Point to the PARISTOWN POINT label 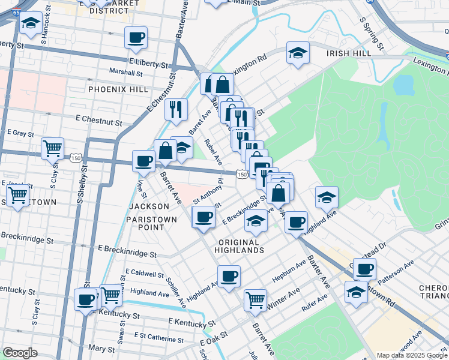[x=153, y=223]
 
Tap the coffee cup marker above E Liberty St [x=136, y=38]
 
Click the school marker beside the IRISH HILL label [x=298, y=53]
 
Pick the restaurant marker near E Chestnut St [x=175, y=109]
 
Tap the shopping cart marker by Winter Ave [x=256, y=298]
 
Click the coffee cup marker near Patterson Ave [x=364, y=268]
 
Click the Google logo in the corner [x=20, y=353]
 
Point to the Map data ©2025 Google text [x=411, y=355]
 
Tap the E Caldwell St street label [x=145, y=274]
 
